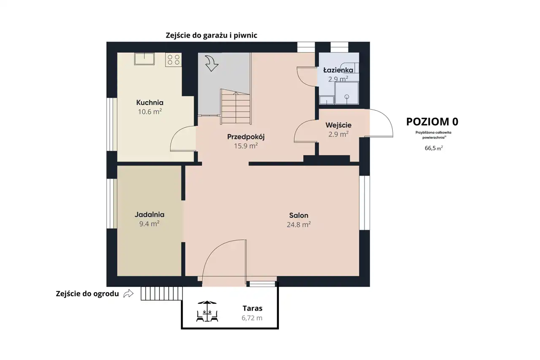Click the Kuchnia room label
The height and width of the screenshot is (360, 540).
pos(150,103)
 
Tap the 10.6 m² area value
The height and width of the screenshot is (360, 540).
pos(150,112)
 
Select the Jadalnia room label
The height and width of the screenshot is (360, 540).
pos(149,214)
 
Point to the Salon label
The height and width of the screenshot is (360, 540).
pos(299,215)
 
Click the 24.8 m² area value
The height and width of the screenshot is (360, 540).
pos(299,225)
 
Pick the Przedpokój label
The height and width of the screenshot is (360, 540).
pos(246,137)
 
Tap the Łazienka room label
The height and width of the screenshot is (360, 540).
pos(338,70)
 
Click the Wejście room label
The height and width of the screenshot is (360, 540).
pos(338,125)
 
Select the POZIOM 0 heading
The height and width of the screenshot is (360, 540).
pos(432,122)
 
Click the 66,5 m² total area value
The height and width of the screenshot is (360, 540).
pos(434,148)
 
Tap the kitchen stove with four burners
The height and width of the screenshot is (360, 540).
pos(173,60)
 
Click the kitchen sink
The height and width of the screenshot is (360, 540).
pos(144,59)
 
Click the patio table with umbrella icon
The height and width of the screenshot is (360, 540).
pos(207,311)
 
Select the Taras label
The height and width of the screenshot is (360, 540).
pos(252,309)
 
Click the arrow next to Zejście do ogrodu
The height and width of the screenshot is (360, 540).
pos(128,293)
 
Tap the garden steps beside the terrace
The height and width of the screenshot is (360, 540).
pos(162,293)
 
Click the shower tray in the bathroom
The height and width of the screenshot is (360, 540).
pos(347,93)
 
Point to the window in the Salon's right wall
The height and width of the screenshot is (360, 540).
pos(364,203)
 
